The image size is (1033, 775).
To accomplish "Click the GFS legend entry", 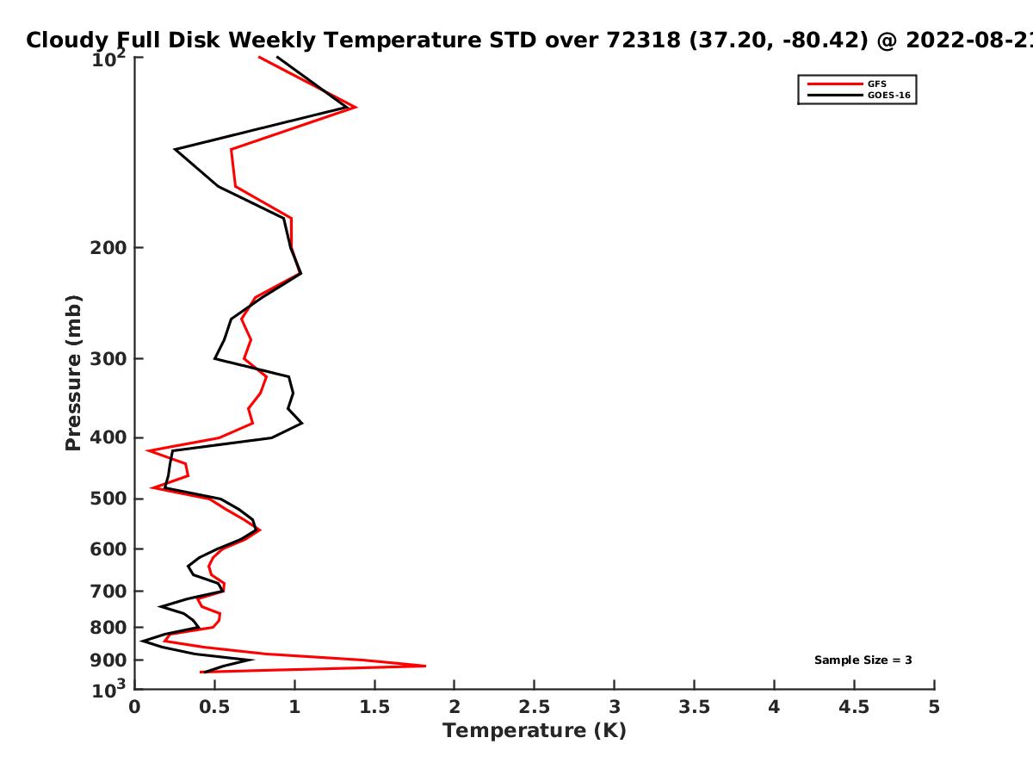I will coord(878,84).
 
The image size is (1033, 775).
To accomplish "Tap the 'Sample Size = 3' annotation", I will coord(863,660).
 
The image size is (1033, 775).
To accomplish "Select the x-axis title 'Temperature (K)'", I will coord(534,731).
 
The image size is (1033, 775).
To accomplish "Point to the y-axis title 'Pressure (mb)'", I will coord(73,373).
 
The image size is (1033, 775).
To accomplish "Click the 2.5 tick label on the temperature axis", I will coord(534,707).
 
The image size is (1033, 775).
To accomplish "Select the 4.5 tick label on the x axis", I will coord(854,707).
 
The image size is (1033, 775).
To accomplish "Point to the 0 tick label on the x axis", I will coord(134,707).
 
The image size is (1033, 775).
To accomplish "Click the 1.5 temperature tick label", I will coord(374,707).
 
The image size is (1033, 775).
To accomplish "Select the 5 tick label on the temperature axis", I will coord(934,707).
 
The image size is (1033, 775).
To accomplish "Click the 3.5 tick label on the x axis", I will coord(694,707).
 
